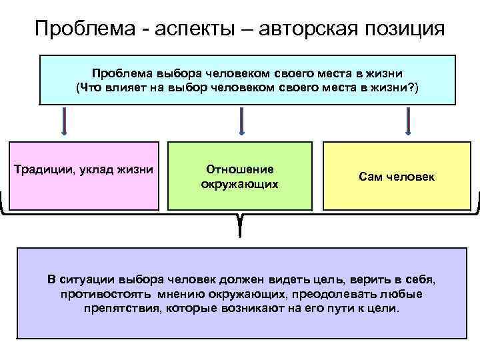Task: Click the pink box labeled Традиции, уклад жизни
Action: point(84,176)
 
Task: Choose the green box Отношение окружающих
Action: point(239,176)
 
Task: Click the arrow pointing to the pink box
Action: point(65,123)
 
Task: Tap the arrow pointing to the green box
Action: point(241,123)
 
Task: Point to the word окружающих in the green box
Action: point(239,183)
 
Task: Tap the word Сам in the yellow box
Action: point(369,177)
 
